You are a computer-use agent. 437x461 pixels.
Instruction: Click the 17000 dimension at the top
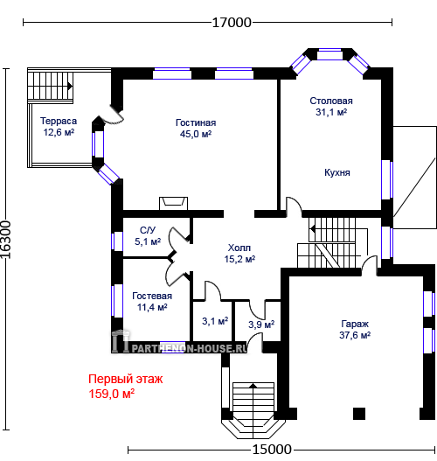point(232,23)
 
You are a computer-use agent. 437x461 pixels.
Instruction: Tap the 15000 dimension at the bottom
point(272,450)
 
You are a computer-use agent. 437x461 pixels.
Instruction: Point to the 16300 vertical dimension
point(5,240)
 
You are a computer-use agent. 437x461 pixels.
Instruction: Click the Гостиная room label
point(196,122)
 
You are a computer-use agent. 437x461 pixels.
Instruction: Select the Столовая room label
point(331,101)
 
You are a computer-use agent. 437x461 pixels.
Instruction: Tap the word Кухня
point(337,172)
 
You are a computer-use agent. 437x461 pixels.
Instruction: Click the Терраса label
point(59,121)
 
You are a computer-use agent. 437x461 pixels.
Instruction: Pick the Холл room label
point(239,248)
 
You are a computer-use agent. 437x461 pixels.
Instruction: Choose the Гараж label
point(355,324)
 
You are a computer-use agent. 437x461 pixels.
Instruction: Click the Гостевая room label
point(152,296)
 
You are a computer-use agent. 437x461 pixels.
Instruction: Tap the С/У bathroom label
point(148,230)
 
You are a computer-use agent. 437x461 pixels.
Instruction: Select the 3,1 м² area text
point(215,321)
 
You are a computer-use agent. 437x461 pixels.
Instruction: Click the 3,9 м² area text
point(261,325)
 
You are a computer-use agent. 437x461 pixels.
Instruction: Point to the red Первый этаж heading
point(125,379)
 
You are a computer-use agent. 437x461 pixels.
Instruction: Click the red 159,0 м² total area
point(112,394)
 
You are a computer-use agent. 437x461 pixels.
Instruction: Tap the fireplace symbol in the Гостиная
point(174,204)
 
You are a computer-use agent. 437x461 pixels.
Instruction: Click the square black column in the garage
point(359,414)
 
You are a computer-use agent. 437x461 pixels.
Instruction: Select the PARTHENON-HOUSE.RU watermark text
point(189,349)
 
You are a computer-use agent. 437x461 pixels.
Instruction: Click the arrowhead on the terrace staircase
point(70,87)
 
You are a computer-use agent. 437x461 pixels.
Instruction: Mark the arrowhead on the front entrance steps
point(253,386)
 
